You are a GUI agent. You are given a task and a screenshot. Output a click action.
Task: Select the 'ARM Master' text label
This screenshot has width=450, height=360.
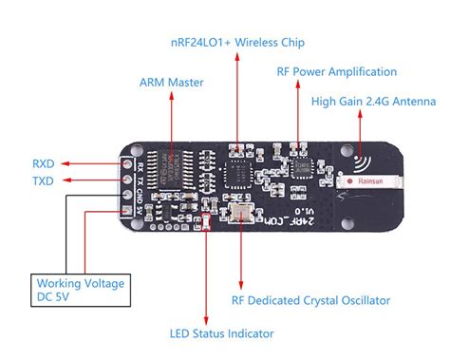(172, 83)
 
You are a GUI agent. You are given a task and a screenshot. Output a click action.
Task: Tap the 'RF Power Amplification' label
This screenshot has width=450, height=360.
(336, 71)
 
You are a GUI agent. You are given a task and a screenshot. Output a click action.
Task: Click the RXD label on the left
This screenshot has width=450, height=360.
(44, 161)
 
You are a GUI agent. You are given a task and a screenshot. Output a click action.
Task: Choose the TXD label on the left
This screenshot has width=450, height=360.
(44, 180)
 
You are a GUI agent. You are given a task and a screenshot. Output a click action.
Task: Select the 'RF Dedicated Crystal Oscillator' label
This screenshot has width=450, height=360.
(310, 300)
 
